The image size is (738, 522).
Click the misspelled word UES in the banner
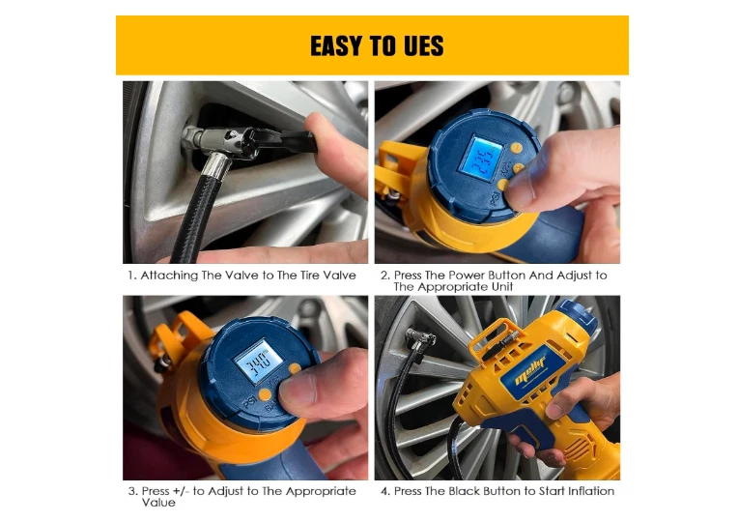424,45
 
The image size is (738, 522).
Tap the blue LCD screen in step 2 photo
480,159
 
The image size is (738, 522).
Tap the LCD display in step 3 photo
259,361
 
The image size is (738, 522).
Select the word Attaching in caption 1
169,275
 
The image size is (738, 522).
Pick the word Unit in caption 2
502,286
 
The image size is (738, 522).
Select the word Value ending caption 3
158,503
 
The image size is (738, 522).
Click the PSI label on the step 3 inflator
250,401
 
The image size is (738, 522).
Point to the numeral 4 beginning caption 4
384,491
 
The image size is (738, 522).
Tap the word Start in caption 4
552,491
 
